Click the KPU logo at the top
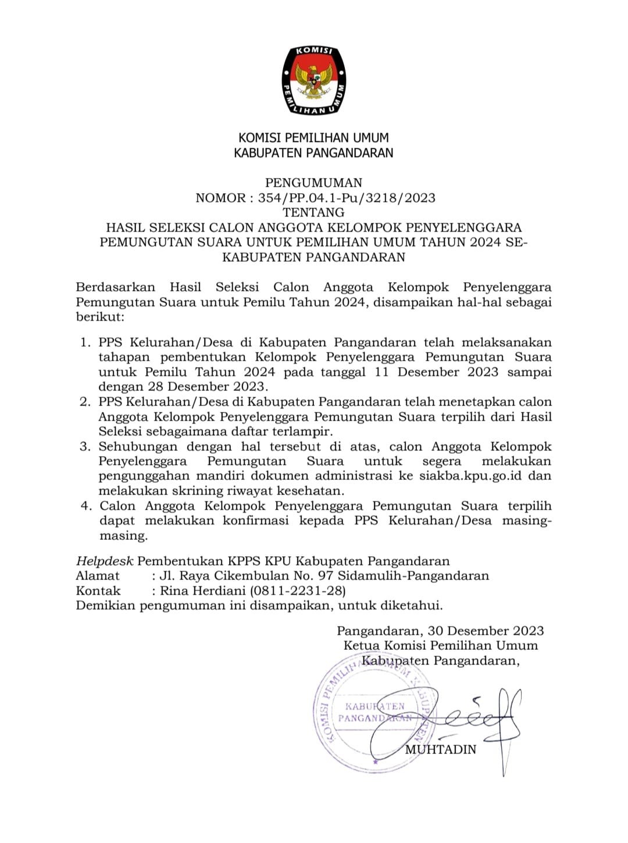[x=313, y=80]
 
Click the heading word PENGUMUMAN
[x=313, y=183]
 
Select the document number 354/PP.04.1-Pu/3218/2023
[x=347, y=198]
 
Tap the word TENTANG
[x=313, y=212]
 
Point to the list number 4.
[x=85, y=506]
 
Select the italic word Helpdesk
[x=105, y=561]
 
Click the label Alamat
[x=98, y=576]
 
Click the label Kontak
[x=98, y=591]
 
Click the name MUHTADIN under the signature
[x=440, y=749]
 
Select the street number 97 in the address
[x=326, y=576]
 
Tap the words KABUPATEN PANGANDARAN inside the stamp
[x=374, y=712]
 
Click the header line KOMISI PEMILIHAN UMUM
[x=313, y=138]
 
